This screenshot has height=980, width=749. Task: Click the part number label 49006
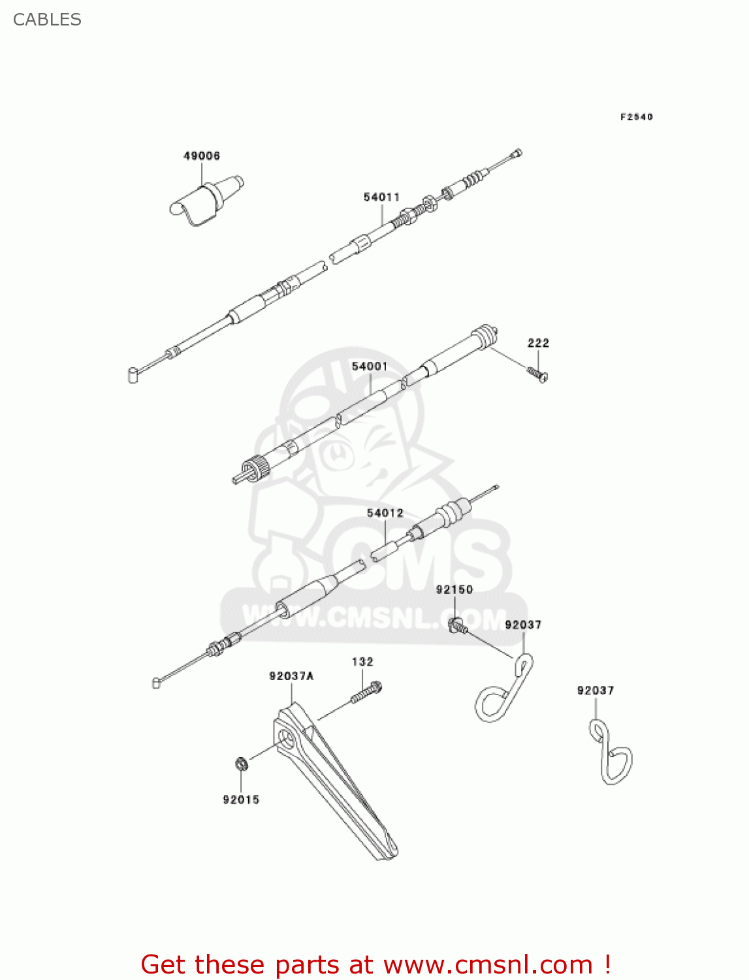(201, 155)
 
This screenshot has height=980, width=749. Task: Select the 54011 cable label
(381, 197)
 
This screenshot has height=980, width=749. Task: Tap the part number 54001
(370, 366)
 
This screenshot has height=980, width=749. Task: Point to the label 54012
(385, 513)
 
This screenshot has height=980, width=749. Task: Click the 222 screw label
(538, 342)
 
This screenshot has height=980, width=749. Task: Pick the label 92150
(454, 589)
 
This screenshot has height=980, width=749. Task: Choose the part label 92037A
(291, 676)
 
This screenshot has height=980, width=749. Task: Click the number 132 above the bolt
(362, 662)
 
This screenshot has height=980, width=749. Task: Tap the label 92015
(241, 800)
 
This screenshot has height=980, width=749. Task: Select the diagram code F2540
(636, 117)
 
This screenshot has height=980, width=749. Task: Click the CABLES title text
(47, 20)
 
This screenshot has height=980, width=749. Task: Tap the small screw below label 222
(537, 374)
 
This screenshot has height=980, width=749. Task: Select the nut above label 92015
(241, 764)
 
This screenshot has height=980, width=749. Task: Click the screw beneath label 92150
(458, 625)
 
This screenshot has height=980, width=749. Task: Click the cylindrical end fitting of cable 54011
(133, 375)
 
